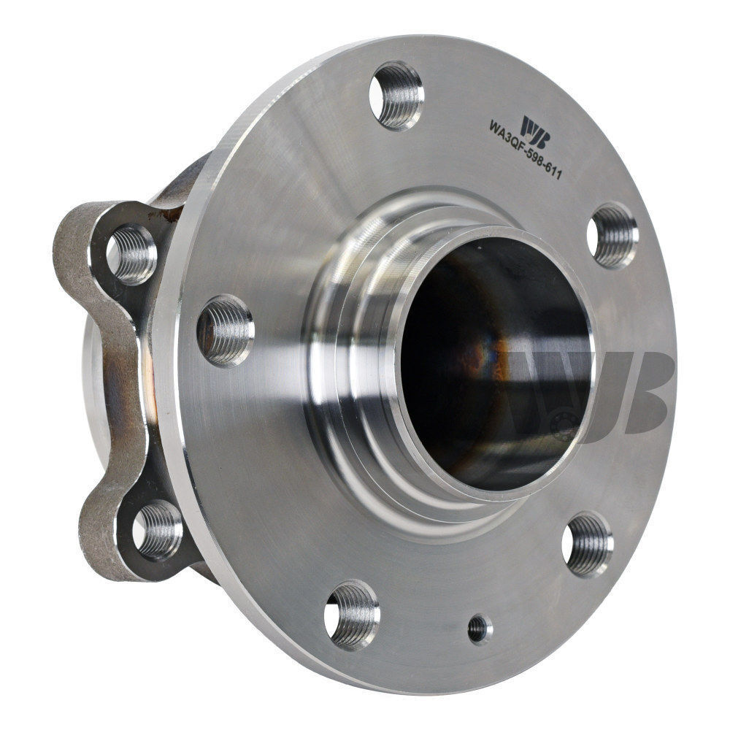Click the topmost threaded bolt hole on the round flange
(396, 96)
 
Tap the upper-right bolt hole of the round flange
(612, 235)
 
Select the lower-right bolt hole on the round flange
(588, 544)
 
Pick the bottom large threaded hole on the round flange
(353, 614)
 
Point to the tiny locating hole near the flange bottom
(479, 629)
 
